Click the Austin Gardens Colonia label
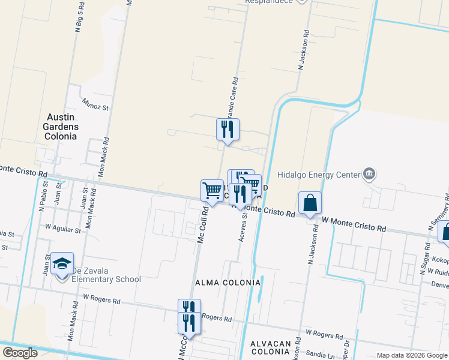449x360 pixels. [x=60, y=127]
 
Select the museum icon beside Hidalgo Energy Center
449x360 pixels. [x=369, y=175]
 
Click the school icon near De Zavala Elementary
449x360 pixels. [x=62, y=265]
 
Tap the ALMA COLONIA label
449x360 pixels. [x=226, y=282]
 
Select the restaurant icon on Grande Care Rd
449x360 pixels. [x=228, y=130]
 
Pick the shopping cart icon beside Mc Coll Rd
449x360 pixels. [x=212, y=191]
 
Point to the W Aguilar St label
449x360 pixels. [x=63, y=229]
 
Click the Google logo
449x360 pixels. [x=20, y=353]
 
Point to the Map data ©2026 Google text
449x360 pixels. [x=411, y=355]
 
